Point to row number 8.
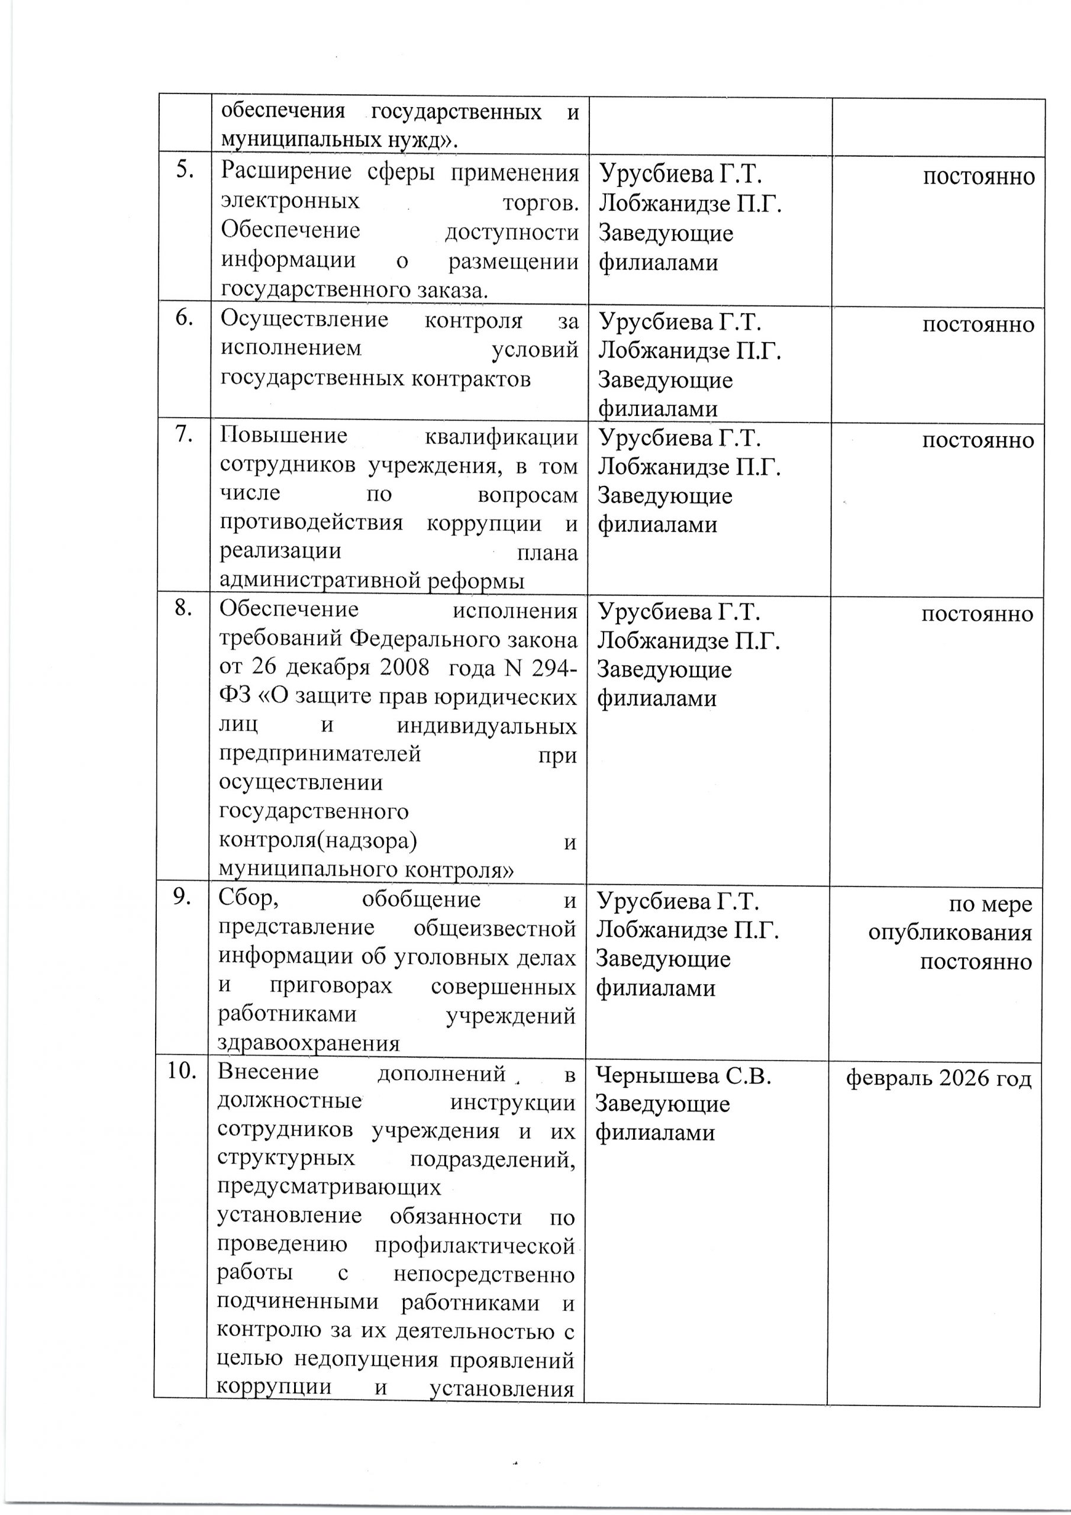(183, 608)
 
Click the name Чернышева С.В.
(683, 1076)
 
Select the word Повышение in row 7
(284, 436)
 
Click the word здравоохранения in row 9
(309, 1043)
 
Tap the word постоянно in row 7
(978, 440)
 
